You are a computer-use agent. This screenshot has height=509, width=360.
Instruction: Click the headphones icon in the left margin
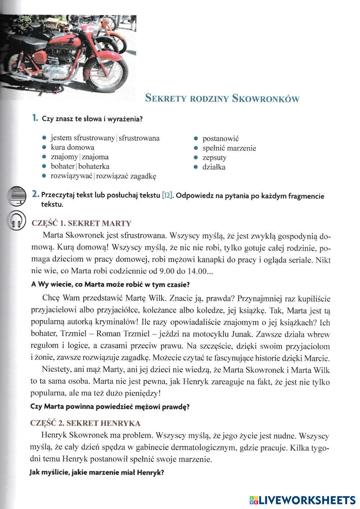tap(17, 220)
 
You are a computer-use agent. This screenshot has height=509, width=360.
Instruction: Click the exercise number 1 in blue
tap(35, 118)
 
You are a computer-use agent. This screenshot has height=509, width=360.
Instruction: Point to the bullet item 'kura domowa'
tap(72, 148)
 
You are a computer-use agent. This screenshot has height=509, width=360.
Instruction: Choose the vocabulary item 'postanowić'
tap(221, 139)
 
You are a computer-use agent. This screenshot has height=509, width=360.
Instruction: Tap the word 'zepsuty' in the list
tap(214, 158)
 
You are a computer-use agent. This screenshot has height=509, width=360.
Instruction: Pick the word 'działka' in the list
tap(214, 167)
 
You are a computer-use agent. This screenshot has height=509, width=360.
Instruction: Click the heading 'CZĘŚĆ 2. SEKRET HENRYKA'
tap(86, 423)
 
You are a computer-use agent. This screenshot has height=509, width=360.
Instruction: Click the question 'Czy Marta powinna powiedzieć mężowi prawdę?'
tap(110, 407)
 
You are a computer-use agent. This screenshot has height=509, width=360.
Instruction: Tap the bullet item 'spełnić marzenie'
tap(229, 148)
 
